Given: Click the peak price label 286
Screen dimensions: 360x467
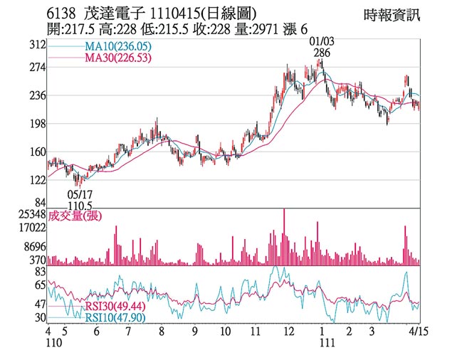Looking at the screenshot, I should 321,53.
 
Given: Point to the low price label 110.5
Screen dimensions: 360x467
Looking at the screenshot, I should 80,204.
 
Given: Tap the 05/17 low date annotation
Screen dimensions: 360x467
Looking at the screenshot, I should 80,193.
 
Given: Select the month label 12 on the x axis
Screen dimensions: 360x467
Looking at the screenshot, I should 288,332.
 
